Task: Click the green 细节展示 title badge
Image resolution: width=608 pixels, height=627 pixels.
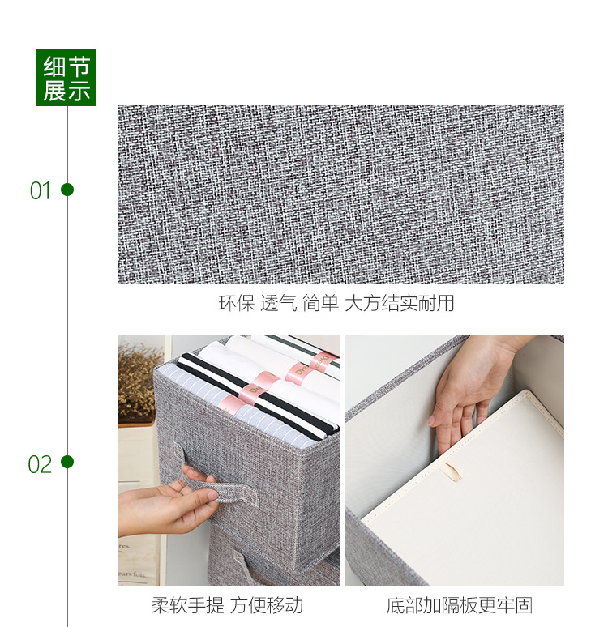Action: [x=66, y=78]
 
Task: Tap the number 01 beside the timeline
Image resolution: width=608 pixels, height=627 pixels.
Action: [x=40, y=190]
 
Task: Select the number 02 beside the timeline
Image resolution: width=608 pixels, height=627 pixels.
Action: [x=40, y=464]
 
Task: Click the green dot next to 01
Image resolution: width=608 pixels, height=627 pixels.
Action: [x=67, y=190]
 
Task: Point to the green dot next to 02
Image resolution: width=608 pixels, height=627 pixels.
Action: [x=67, y=462]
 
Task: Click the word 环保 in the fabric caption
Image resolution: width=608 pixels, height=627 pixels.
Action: [x=237, y=303]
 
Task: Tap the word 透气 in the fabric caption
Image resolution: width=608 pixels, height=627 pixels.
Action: [x=279, y=303]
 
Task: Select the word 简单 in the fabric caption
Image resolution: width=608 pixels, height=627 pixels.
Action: [x=320, y=303]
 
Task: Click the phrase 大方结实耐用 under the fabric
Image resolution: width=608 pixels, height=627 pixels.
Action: [x=400, y=303]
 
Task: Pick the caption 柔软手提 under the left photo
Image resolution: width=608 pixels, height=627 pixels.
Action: [x=187, y=605]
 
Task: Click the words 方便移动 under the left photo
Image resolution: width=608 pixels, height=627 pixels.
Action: [x=267, y=605]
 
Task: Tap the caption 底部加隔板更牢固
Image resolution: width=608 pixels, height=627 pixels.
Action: [x=459, y=605]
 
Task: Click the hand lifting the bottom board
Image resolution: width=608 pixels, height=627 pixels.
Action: [x=469, y=392]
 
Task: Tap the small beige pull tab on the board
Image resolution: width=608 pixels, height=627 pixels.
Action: [x=452, y=471]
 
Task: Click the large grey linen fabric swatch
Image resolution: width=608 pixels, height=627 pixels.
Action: [x=340, y=194]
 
